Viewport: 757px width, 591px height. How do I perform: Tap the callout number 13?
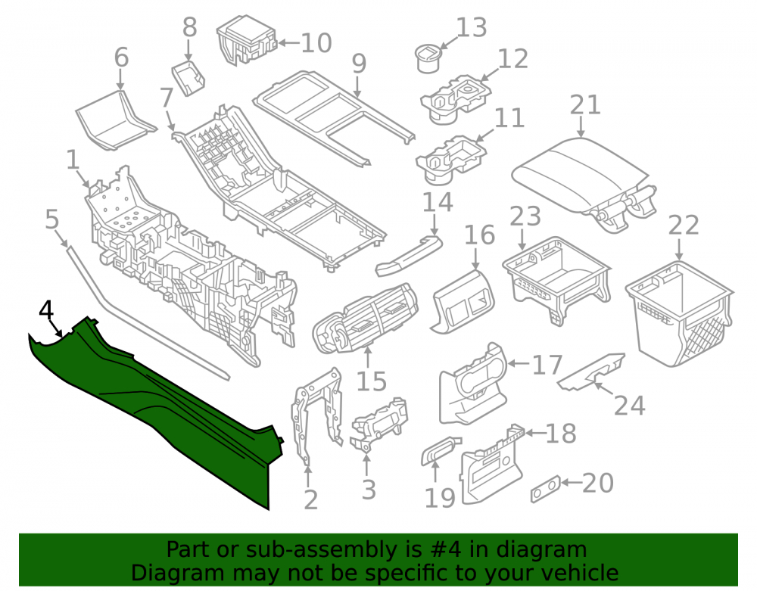coord(471,27)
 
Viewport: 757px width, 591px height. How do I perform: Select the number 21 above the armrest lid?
coord(585,104)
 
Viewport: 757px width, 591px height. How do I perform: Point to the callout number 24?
coord(630,406)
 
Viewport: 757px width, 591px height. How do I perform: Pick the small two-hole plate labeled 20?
coord(546,490)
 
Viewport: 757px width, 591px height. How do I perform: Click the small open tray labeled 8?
coord(188,77)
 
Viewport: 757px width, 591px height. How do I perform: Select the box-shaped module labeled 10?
coord(246,40)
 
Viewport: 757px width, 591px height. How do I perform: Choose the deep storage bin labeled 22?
coord(681,313)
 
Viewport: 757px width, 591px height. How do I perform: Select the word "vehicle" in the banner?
coord(580,573)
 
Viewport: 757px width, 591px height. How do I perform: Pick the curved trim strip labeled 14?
coord(409,256)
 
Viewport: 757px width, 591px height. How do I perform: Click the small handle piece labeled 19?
coord(441,450)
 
